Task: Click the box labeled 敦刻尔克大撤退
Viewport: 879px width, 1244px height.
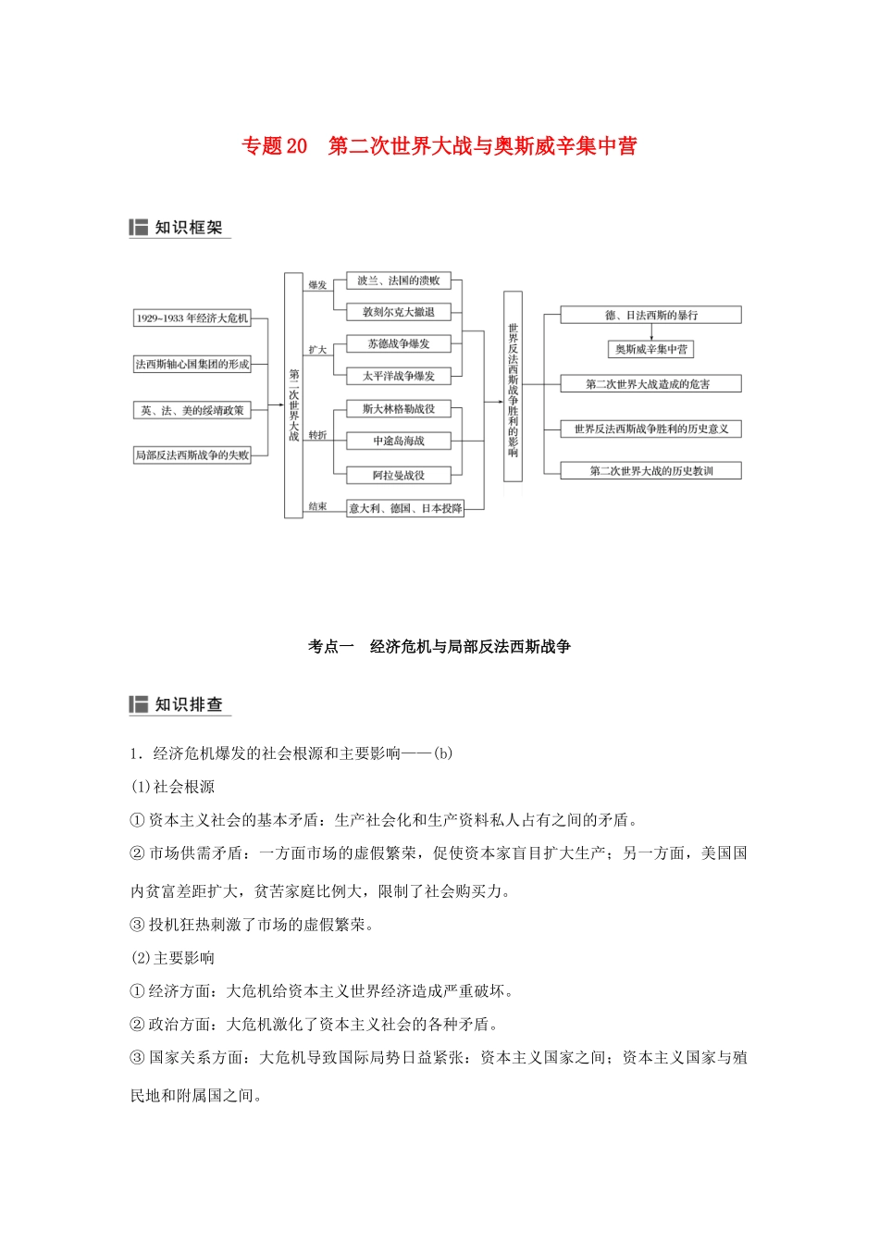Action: point(399,312)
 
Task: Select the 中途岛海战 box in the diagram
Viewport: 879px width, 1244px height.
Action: point(399,442)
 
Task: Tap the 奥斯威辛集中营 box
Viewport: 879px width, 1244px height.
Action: point(651,349)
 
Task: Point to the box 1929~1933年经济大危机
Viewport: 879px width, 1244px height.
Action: point(192,318)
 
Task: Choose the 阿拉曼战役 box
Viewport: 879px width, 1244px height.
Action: point(399,475)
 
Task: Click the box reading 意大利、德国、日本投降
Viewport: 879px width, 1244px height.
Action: point(405,508)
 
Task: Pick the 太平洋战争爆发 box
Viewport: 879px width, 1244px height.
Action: point(399,376)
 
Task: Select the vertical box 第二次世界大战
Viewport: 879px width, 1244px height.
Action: point(293,395)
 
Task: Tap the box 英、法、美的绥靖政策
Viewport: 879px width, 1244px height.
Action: point(192,410)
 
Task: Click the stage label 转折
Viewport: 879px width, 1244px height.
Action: point(317,435)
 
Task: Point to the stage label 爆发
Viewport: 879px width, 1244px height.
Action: point(317,285)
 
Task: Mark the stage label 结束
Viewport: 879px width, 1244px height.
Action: point(317,506)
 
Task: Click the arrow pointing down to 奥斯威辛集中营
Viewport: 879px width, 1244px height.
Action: point(651,331)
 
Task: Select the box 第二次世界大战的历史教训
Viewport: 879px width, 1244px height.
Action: point(651,471)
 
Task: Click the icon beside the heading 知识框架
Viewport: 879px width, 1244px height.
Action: point(139,228)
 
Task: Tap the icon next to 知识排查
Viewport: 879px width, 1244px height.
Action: point(139,704)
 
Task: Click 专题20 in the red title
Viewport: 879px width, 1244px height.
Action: point(274,146)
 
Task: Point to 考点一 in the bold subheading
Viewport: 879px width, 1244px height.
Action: point(330,647)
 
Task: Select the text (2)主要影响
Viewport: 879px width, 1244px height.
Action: point(173,958)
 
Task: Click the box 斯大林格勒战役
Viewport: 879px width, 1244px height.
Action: point(399,409)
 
